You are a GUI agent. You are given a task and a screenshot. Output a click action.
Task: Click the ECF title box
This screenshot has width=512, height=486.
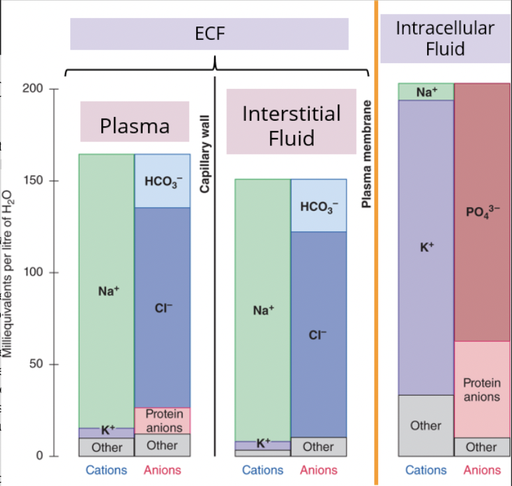(210, 34)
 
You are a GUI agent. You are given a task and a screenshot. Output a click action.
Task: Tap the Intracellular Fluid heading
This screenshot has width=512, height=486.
(444, 38)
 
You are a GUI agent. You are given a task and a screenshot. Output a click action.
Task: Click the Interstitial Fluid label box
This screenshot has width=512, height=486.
(291, 125)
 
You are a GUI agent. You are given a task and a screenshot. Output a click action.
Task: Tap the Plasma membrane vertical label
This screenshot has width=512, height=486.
(365, 154)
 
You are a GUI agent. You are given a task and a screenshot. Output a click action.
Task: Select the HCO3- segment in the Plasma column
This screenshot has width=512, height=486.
(162, 181)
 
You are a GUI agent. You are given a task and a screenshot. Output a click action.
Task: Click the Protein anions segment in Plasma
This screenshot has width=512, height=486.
(162, 420)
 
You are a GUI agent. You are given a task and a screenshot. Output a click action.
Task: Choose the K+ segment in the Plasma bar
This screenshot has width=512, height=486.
(106, 432)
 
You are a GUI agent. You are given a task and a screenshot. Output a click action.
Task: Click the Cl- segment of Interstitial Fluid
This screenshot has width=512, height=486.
(318, 335)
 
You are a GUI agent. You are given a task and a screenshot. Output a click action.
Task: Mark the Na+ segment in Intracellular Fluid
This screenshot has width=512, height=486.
(426, 92)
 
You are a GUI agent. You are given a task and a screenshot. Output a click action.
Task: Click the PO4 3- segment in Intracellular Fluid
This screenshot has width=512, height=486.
(482, 212)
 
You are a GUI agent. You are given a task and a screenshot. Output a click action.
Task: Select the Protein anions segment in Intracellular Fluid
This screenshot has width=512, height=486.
(482, 389)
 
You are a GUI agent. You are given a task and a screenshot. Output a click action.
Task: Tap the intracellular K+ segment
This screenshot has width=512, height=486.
(426, 247)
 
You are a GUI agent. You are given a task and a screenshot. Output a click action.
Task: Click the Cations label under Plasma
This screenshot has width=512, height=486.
(106, 470)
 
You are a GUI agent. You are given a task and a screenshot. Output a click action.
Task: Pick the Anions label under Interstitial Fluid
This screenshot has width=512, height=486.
(318, 470)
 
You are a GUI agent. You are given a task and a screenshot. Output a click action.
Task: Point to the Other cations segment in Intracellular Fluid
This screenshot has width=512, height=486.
(426, 425)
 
